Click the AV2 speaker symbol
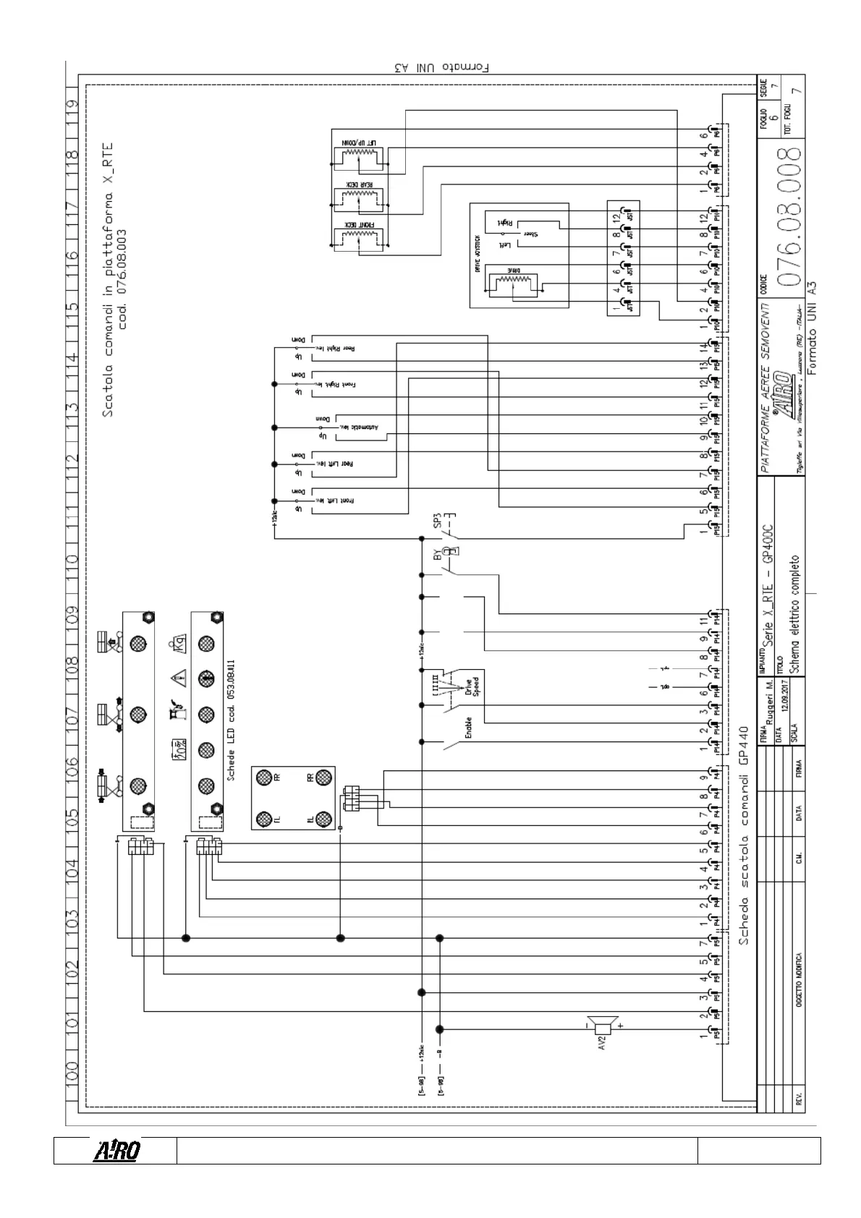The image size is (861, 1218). (602, 1026)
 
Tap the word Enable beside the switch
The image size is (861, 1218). (467, 727)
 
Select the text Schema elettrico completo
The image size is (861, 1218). (795, 615)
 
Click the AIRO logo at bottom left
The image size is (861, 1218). (115, 1150)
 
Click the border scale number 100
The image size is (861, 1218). (72, 1076)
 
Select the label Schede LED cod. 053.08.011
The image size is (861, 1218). (232, 720)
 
